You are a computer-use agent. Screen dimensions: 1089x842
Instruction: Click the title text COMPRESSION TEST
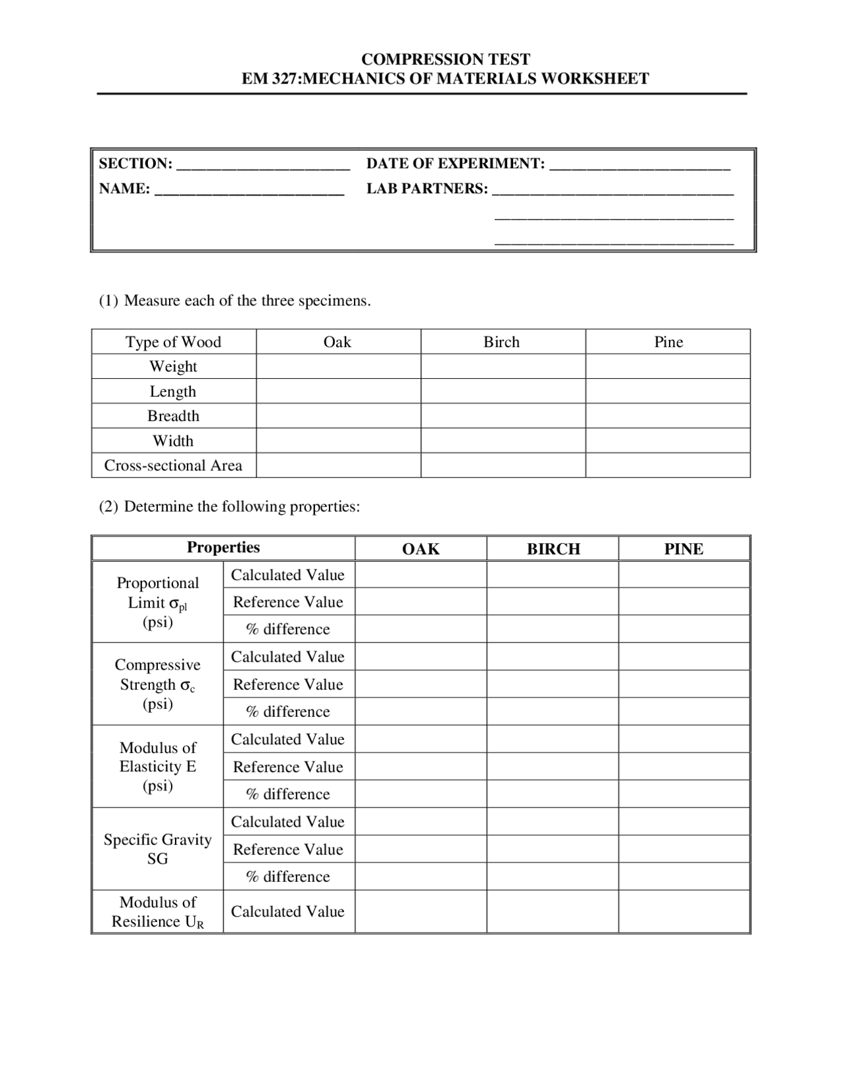pos(445,59)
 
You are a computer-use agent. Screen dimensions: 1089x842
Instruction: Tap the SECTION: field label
pos(136,164)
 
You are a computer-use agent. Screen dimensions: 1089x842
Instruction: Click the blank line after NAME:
pos(249,191)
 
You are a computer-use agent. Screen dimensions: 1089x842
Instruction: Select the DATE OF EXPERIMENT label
pos(455,164)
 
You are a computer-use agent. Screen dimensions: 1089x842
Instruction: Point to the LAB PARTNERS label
pos(427,189)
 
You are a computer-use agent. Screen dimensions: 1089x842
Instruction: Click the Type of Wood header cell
pos(173,342)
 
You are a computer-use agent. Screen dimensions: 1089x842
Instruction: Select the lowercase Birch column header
pos(501,342)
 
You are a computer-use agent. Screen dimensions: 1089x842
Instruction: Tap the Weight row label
pos(173,366)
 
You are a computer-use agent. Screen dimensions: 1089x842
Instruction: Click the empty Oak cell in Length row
pos(338,391)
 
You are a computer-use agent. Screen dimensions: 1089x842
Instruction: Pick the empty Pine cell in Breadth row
pos(668,416)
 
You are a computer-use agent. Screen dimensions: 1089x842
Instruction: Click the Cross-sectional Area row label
pos(173,466)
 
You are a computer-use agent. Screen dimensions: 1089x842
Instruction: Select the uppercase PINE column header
pos(683,549)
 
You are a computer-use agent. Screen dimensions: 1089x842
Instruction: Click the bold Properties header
pos(223,548)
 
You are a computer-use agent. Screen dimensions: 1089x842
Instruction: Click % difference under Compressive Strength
pos(287,712)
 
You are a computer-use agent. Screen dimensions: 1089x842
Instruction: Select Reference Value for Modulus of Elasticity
pos(287,767)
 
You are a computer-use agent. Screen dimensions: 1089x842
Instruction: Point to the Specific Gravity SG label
pos(157,849)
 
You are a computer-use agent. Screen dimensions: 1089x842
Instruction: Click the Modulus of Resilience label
pos(157,911)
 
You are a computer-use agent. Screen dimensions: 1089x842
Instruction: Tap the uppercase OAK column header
pos(420,549)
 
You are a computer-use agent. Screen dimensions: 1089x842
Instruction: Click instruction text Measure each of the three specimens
pos(247,301)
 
